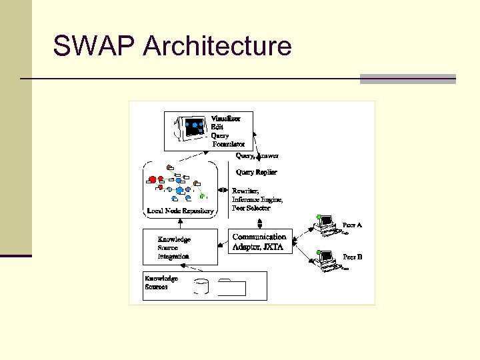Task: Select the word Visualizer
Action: (x=226, y=119)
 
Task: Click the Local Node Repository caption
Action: (x=180, y=211)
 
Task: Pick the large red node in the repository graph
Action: (x=153, y=180)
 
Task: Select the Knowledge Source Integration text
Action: (x=174, y=247)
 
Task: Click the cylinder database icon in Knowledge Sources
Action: (x=201, y=287)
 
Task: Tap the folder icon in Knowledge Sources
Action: (x=231, y=287)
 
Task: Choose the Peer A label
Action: (x=352, y=225)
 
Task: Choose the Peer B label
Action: (x=352, y=256)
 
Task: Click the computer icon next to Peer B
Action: (x=327, y=261)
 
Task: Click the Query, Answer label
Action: (x=257, y=156)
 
